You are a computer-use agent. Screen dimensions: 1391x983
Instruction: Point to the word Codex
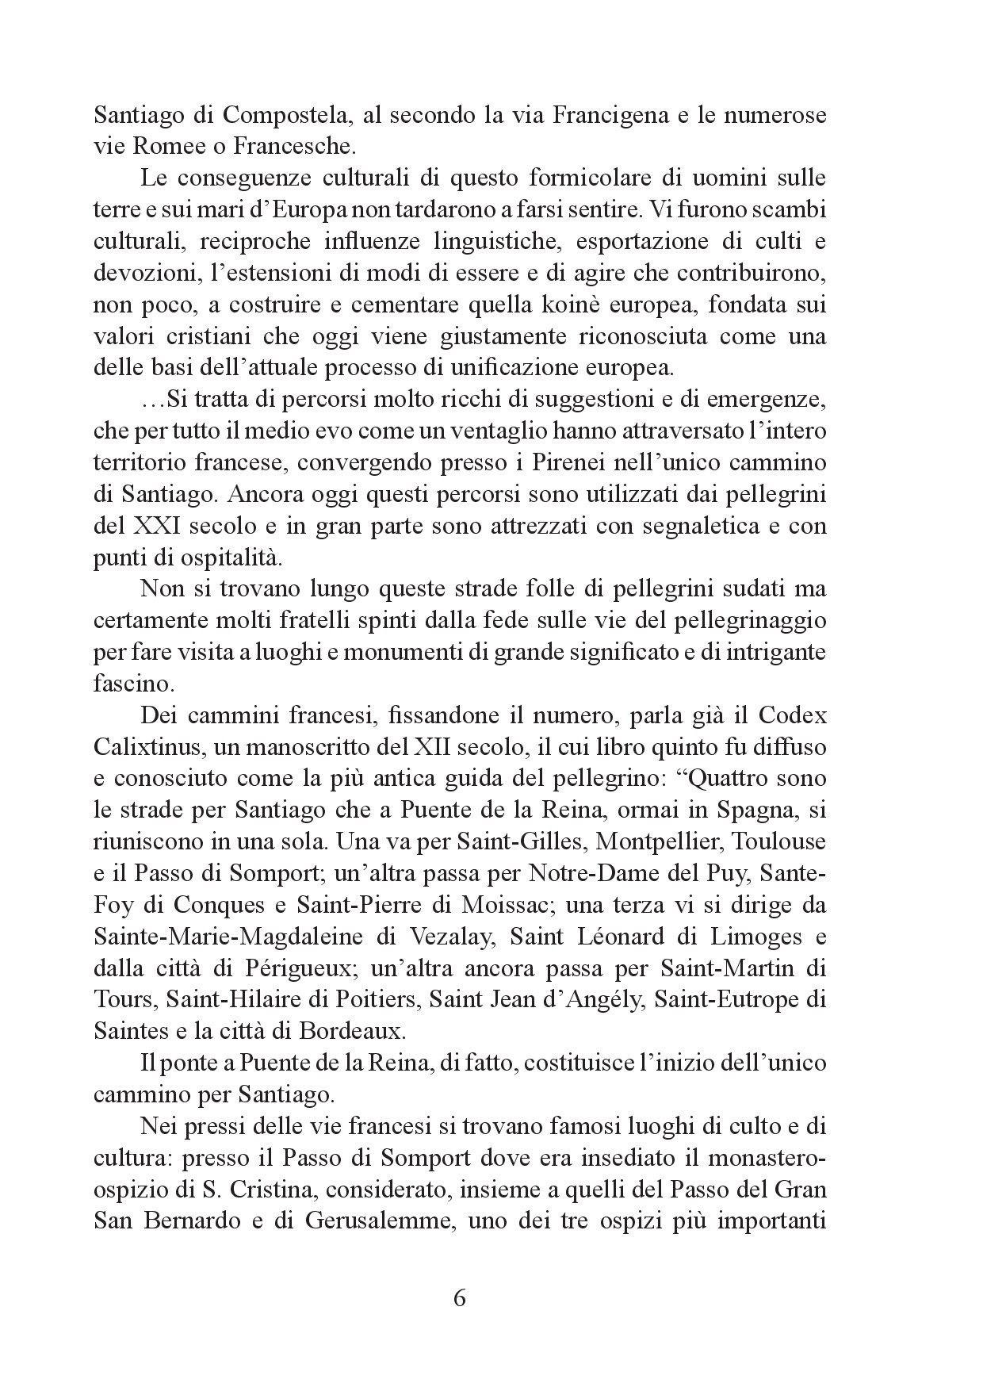click(x=792, y=715)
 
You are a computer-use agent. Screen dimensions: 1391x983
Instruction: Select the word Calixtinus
click(x=144, y=747)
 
